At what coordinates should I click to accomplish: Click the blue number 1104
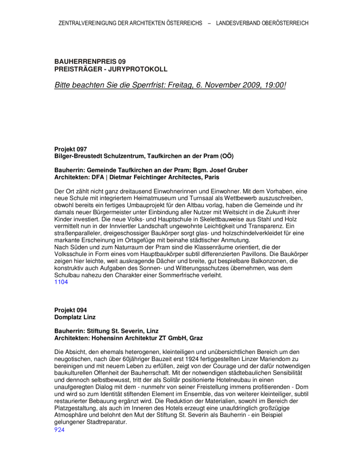coord(61,283)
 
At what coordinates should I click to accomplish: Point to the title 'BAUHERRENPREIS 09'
coord(90,61)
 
